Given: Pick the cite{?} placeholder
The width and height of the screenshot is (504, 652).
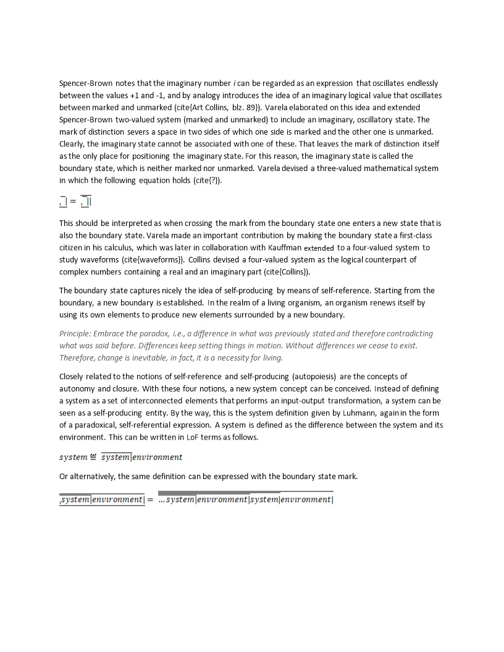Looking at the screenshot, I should pos(206,180).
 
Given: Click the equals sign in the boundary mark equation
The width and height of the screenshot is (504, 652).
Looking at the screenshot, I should pos(73,201).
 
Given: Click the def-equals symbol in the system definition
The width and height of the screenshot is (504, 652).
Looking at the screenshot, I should pos(94,457).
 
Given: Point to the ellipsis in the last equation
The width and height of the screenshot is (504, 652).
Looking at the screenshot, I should pos(162,499).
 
